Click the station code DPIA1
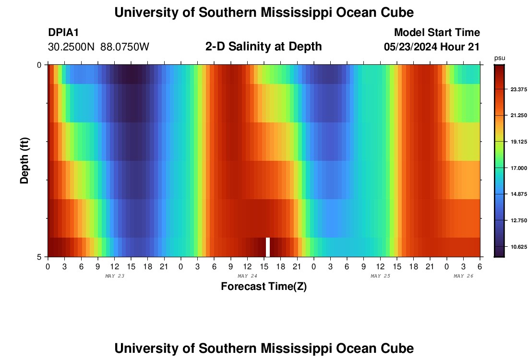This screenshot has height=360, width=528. point(63,33)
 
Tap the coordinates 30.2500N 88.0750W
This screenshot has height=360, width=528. point(99,47)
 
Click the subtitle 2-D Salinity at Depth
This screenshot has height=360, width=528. point(264,47)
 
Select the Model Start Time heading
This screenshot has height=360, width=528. point(437,33)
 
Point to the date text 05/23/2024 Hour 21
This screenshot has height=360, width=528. point(432,47)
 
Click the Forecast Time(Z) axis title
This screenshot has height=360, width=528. point(264,287)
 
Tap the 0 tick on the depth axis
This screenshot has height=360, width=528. point(39,65)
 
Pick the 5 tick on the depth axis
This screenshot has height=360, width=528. point(39,257)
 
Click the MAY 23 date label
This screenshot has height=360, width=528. point(114,276)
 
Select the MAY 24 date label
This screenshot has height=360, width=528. point(247,276)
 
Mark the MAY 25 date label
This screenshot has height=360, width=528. point(380,276)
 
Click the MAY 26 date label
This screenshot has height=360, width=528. point(464,276)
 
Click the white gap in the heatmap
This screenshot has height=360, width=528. point(268,247)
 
